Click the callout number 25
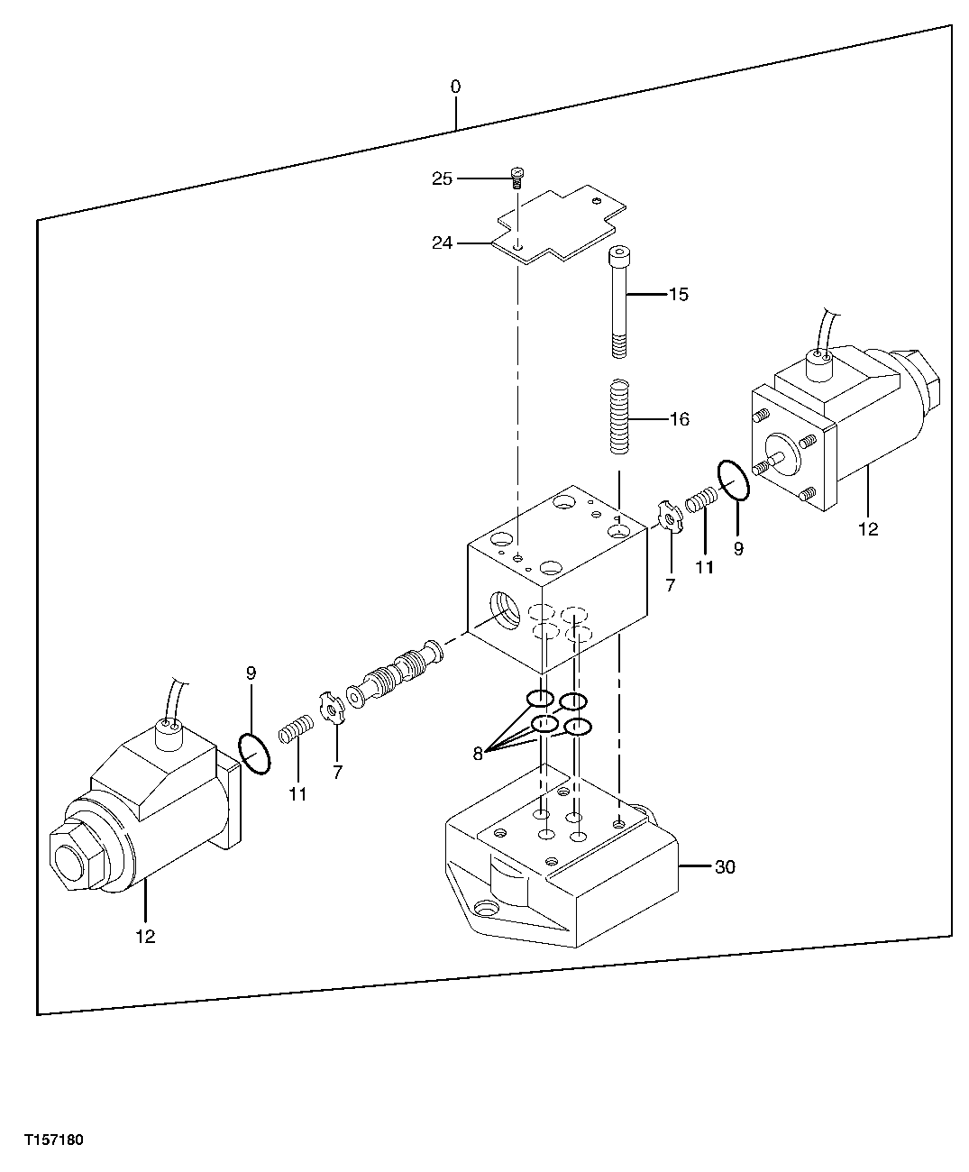pos(442,179)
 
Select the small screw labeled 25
pos(517,177)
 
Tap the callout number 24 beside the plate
pos(442,243)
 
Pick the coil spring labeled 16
pos(618,417)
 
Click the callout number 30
pos(725,867)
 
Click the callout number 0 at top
pos(455,87)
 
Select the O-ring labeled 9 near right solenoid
pos(734,479)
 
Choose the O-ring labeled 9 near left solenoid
pos(255,752)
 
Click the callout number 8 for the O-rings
pos(478,755)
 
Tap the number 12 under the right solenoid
pos(867,530)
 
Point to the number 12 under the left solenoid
pos(145,937)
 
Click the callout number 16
pos(679,419)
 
